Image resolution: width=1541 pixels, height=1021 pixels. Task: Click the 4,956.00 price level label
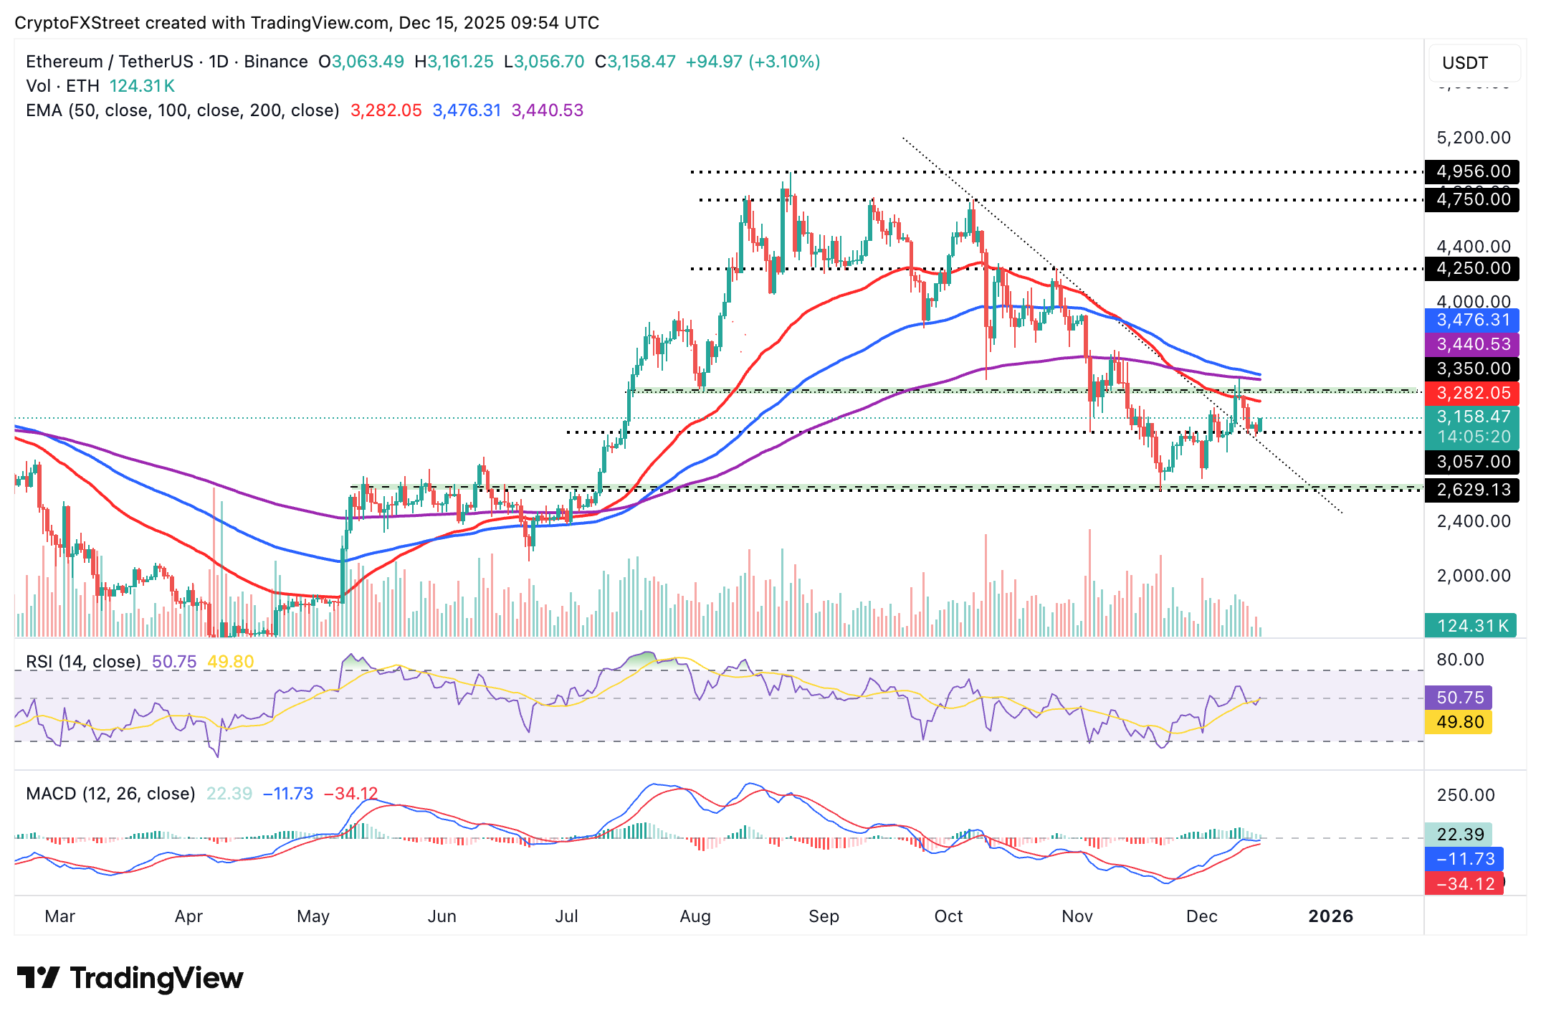1472,172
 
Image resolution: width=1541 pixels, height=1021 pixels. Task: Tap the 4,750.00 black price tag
1472,199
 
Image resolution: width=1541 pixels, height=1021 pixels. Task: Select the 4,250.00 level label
1472,269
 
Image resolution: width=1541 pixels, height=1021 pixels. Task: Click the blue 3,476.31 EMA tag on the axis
1472,320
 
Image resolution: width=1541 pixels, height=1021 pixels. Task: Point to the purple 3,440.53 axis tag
1472,345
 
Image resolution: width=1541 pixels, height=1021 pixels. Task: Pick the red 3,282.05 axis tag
1472,393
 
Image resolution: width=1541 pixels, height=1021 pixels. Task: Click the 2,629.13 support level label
1472,490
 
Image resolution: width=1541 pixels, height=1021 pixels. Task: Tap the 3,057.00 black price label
1472,462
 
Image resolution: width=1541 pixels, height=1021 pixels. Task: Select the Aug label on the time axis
695,916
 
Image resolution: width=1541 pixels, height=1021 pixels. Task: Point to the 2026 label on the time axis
1330,916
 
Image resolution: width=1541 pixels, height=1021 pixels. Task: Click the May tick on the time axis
313,916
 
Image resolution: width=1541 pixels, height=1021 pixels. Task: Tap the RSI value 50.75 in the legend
174,662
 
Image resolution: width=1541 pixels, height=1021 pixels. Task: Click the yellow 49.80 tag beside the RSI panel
1459,722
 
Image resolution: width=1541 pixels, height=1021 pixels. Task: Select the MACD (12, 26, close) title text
110,794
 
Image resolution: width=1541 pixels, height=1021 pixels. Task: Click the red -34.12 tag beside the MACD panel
1464,884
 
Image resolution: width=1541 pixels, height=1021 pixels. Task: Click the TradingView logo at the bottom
130,978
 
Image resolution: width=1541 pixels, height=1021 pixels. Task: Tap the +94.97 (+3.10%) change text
753,62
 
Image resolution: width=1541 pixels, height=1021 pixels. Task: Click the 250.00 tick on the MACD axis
1465,795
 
